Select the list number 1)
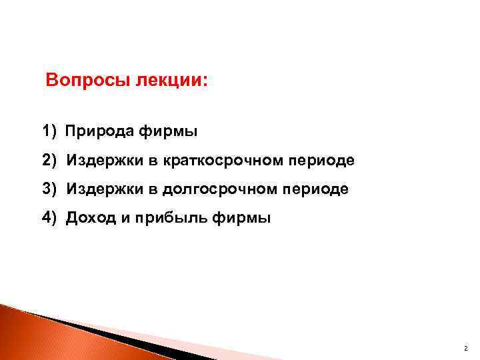50,132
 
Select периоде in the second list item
320,161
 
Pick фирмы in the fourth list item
241,218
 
